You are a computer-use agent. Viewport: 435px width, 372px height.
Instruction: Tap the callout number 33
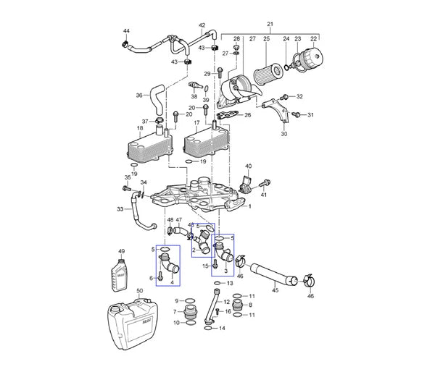[120, 210]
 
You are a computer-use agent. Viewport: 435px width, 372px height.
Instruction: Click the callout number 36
[139, 95]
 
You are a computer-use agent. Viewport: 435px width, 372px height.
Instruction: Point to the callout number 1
[250, 206]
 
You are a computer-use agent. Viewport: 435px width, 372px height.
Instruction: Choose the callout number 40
[248, 166]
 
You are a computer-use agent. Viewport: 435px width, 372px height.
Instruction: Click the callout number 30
[283, 133]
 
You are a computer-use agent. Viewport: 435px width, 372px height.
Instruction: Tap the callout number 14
[223, 328]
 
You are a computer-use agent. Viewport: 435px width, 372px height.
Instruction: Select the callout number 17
[196, 124]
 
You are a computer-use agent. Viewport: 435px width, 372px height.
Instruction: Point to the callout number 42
[202, 25]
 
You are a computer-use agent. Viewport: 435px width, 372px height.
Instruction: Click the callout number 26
[247, 115]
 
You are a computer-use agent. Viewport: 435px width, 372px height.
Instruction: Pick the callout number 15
[205, 266]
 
